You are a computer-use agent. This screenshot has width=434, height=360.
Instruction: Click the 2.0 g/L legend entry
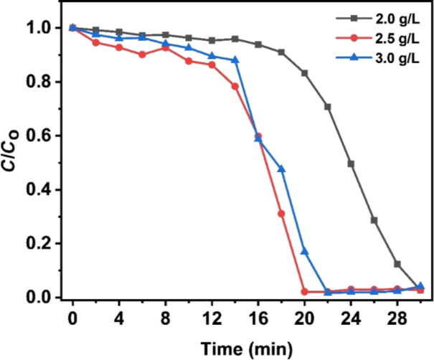[x=378, y=19]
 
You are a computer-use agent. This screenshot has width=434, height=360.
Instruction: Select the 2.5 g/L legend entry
[x=378, y=39]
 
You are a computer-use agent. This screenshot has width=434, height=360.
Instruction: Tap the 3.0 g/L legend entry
[x=378, y=58]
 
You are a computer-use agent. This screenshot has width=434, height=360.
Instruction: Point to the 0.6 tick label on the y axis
[x=39, y=136]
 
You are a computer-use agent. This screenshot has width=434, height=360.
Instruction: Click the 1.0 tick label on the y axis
[x=39, y=28]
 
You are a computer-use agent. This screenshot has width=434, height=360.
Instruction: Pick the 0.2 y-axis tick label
[x=39, y=244]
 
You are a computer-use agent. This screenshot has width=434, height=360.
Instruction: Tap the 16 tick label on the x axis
[x=258, y=318]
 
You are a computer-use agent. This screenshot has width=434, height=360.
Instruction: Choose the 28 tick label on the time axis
[x=397, y=318]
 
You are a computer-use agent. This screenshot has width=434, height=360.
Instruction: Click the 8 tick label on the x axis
[x=165, y=318]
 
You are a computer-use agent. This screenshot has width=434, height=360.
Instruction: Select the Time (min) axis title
[x=246, y=349]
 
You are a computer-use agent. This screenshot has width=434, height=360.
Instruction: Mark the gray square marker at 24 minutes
[x=351, y=164]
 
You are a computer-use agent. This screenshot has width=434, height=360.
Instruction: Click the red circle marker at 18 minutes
[x=281, y=214]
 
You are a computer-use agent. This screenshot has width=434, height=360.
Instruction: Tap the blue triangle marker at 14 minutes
[x=235, y=60]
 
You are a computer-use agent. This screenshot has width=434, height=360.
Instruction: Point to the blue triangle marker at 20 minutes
[x=304, y=251]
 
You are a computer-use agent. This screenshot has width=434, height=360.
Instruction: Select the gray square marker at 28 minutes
[x=397, y=264]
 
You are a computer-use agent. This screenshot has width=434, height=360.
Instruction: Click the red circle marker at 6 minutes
[x=142, y=55]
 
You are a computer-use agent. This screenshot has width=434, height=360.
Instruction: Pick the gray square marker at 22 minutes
[x=328, y=107]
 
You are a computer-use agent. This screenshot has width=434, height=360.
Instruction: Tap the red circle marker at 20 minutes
[x=304, y=292]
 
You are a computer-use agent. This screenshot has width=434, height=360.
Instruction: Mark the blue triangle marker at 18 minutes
[x=281, y=169]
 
